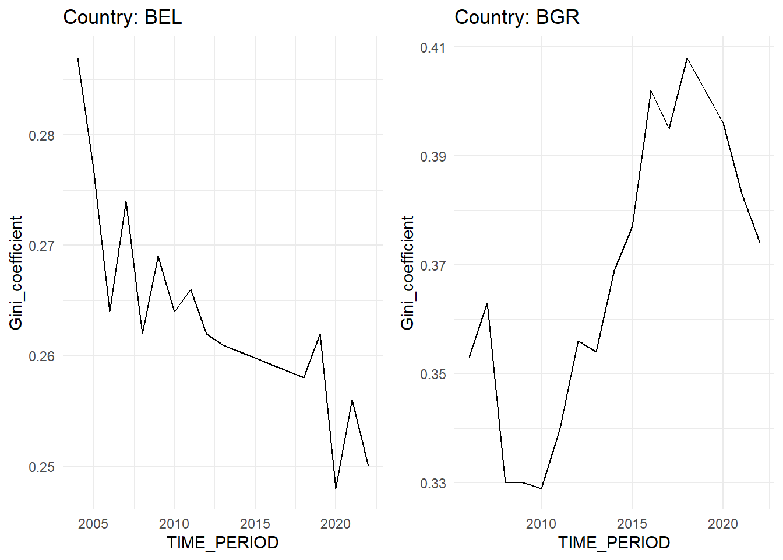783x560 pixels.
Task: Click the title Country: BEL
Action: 122,17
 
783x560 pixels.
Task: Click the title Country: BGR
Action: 517,17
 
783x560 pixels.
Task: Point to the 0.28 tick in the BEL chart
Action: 41,135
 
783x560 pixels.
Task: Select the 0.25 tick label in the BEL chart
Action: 41,467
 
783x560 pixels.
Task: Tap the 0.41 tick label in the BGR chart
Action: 433,47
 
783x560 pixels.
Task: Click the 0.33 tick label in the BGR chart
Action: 433,483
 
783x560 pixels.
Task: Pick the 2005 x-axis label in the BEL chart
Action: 93,523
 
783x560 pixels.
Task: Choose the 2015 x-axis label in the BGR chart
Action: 632,523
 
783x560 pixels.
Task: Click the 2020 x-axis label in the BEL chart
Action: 336,523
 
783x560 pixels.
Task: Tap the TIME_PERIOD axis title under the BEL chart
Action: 223,542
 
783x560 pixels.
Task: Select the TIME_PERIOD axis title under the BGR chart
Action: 614,542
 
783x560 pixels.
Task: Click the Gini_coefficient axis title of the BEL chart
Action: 16,272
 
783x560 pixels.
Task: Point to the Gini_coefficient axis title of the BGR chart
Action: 407,272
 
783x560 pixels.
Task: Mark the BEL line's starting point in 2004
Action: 77,58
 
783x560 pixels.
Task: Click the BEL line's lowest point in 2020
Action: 336,488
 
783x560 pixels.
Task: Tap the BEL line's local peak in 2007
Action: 126,202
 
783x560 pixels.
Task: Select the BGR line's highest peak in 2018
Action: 687,58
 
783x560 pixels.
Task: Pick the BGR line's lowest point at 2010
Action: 541,488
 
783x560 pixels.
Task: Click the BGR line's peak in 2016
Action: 650,91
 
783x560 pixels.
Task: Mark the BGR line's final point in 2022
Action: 760,243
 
